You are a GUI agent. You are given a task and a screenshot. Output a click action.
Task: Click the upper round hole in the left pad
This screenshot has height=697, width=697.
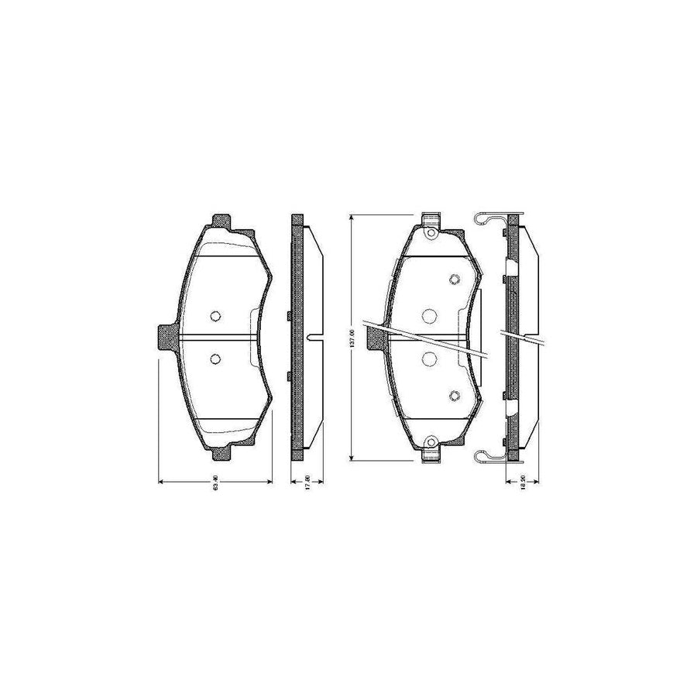[215, 315]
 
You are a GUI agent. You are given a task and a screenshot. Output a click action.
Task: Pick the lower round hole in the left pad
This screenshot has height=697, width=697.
[215, 358]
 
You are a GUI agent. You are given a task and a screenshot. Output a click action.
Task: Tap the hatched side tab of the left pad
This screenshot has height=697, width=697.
[167, 337]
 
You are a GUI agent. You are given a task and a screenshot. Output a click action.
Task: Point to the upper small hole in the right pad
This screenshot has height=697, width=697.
[455, 280]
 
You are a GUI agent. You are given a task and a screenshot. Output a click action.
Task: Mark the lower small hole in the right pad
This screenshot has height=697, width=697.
[455, 396]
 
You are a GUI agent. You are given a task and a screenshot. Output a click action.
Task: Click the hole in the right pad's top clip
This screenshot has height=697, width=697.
[431, 229]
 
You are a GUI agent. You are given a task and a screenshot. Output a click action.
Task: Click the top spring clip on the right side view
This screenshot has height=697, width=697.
[486, 218]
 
